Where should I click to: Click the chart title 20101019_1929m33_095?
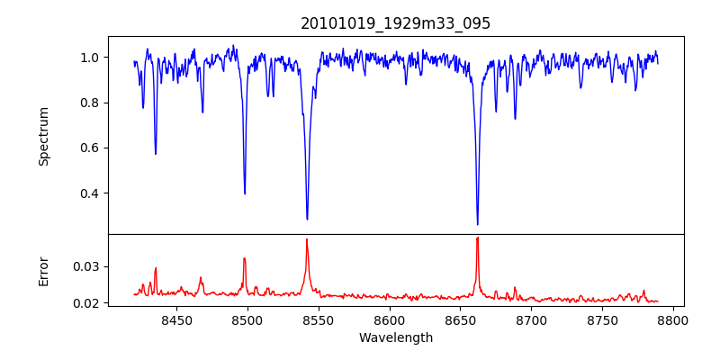[x=395, y=23]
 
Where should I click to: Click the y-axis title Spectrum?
[x=43, y=136]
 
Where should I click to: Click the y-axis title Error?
[x=43, y=270]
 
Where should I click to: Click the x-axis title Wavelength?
[x=395, y=338]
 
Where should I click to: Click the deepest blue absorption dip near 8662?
[x=478, y=223]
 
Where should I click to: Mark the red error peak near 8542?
[x=307, y=240]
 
